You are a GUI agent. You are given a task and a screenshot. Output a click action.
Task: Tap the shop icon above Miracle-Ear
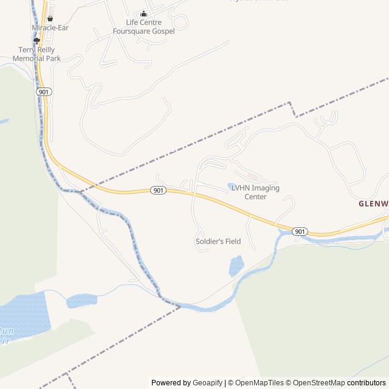coord(50,19)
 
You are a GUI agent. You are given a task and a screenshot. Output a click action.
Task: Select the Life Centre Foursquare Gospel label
coord(143,27)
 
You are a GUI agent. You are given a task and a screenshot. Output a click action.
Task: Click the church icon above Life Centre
coord(143,14)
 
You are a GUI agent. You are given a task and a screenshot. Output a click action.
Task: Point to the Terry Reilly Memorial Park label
coord(40,54)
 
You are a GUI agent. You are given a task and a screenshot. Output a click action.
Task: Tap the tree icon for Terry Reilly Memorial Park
coord(36,41)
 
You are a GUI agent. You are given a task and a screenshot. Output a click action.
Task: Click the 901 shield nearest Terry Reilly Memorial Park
coord(43,91)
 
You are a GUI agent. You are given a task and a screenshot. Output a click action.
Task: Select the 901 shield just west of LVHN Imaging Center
coord(158,190)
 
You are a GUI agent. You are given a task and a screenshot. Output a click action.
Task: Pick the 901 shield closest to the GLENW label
coord(300,232)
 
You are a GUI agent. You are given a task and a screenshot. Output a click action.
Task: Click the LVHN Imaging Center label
coord(255,192)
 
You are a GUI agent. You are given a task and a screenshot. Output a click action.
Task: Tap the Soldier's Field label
coord(218,241)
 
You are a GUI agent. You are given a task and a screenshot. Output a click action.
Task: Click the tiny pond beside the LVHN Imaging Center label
coord(232,186)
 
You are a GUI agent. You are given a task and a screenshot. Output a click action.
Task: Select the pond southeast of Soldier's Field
coord(236,266)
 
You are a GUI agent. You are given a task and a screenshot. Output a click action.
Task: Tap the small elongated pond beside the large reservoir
coord(81,300)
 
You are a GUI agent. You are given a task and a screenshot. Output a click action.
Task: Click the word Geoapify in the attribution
coord(208,383)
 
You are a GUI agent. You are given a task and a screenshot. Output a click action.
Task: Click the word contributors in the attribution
coord(367,383)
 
